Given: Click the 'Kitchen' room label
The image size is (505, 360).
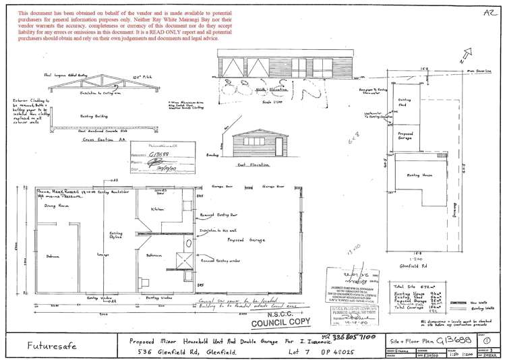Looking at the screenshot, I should pos(157,210).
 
